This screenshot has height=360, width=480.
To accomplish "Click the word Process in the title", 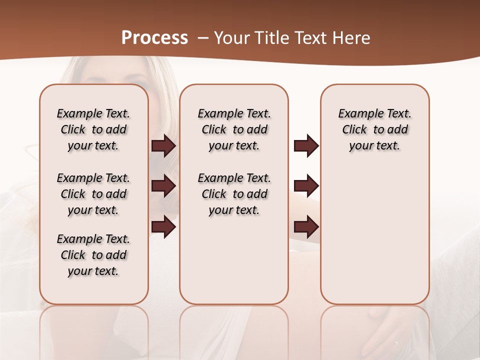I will pos(154,37).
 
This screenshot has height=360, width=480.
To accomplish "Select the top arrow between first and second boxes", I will pos(163,146).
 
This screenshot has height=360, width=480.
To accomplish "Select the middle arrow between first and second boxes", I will pos(163,186).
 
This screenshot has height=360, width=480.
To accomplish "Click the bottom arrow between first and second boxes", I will pos(163,227).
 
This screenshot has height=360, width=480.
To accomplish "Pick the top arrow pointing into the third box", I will pos(306,146).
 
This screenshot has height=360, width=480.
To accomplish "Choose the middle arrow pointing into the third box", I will pos(306,186).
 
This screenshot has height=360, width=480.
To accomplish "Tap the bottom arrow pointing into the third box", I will pos(306,227).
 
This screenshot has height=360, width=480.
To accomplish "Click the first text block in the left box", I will pos(93,129).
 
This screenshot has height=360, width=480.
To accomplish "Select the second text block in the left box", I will pos(93,194).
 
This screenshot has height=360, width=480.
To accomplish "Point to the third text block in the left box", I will pos(93,255).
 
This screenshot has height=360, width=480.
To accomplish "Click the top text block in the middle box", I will pos(234,129).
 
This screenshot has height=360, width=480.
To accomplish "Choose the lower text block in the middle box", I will pos(234,194).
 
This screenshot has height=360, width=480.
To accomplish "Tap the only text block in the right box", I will pos(375,129).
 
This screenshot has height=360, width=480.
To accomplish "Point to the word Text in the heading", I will pos(310,37).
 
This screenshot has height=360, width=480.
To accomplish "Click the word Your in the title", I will pos(231,37).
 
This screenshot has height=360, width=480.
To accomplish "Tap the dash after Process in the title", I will pos(202,37).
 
